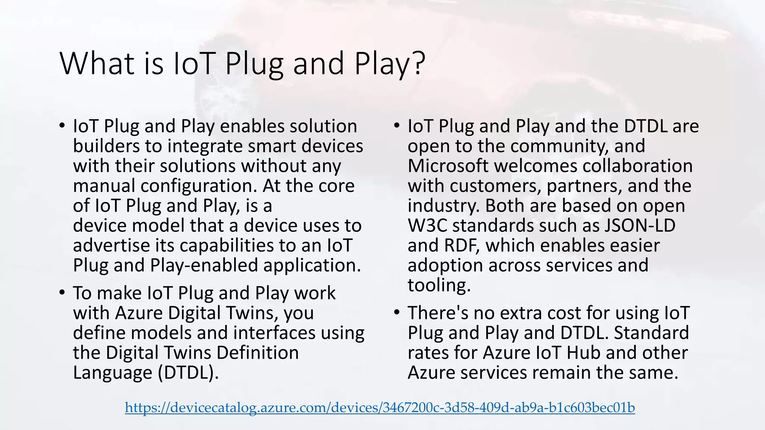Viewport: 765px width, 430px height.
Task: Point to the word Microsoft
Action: click(448, 166)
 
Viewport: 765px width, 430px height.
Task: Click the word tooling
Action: click(439, 286)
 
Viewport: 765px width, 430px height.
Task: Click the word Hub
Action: click(583, 353)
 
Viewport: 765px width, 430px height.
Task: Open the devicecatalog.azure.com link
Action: click(380, 408)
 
